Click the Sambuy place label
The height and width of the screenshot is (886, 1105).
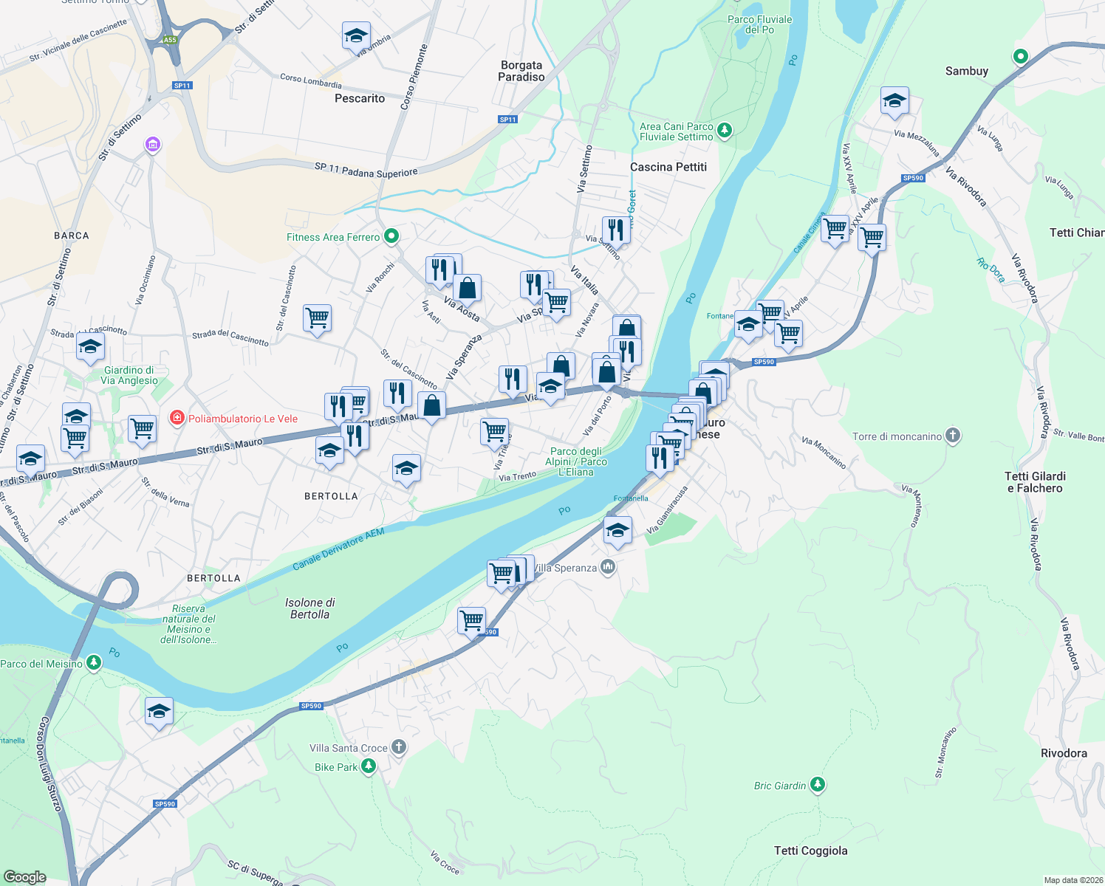pyautogui.click(x=966, y=71)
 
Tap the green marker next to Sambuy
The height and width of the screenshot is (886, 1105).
pyautogui.click(x=1020, y=56)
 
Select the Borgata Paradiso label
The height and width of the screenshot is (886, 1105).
pyautogui.click(x=521, y=71)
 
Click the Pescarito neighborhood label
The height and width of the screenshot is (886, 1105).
pyautogui.click(x=360, y=98)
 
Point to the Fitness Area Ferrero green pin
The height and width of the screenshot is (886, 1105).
pyautogui.click(x=392, y=236)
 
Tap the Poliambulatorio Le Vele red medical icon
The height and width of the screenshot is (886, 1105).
pyautogui.click(x=177, y=419)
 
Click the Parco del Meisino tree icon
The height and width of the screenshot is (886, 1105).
pyautogui.click(x=93, y=662)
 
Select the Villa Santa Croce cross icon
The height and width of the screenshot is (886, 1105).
pyautogui.click(x=399, y=747)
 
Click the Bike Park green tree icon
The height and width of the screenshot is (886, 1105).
pyautogui.click(x=368, y=766)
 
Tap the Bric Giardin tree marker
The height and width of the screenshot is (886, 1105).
pyautogui.click(x=817, y=784)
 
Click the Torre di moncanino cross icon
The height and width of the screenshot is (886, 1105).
pyautogui.click(x=953, y=436)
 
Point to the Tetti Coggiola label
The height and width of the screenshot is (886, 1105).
pyautogui.click(x=810, y=851)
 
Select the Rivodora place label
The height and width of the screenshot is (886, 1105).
pyautogui.click(x=1064, y=753)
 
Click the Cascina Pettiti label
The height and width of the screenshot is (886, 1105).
pyautogui.click(x=668, y=167)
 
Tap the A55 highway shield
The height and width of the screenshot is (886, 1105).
pyautogui.click(x=170, y=40)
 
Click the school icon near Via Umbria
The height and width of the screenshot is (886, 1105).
pyautogui.click(x=356, y=35)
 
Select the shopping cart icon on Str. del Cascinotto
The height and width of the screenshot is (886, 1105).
pyautogui.click(x=317, y=318)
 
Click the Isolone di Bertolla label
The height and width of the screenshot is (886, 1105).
pyautogui.click(x=310, y=608)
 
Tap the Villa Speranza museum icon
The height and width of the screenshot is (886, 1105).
pyautogui.click(x=608, y=567)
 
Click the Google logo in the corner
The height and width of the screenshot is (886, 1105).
pyautogui.click(x=24, y=876)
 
